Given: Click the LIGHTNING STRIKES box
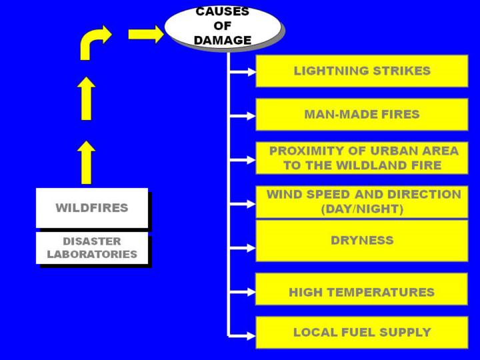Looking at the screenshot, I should (361, 71).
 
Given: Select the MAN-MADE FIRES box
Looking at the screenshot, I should (361, 114).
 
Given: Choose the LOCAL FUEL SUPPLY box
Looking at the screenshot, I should (361, 332).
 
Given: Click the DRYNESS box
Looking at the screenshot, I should (361, 240).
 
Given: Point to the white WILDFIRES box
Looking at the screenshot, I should (92, 207).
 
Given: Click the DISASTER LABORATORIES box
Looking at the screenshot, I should (92, 247).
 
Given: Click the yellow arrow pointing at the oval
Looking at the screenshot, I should (145, 34).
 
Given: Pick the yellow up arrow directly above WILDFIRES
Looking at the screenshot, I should (86, 162).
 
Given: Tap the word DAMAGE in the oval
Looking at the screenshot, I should (223, 40).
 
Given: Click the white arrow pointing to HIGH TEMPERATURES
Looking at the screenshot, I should (243, 292).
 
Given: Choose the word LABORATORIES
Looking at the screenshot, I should (92, 254).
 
